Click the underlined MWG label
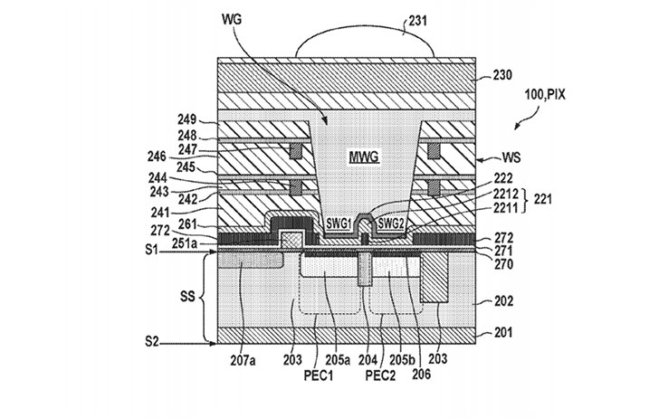[x=364, y=157]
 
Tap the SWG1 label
[x=339, y=224]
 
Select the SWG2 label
[x=390, y=223]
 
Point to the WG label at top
[x=232, y=20]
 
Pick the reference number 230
[x=502, y=75]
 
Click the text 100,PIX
[x=545, y=95]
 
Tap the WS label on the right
[x=511, y=158]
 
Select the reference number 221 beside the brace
[x=542, y=198]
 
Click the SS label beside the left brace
[x=188, y=297]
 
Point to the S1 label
[x=151, y=250]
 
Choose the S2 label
[x=152, y=341]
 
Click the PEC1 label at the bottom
[x=318, y=375]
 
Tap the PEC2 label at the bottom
[x=380, y=375]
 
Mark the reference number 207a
[x=243, y=360]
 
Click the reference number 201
[x=503, y=333]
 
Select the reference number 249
[x=187, y=119]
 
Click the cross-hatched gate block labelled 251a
[x=292, y=240]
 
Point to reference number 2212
[x=506, y=194]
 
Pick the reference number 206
[x=422, y=374]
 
